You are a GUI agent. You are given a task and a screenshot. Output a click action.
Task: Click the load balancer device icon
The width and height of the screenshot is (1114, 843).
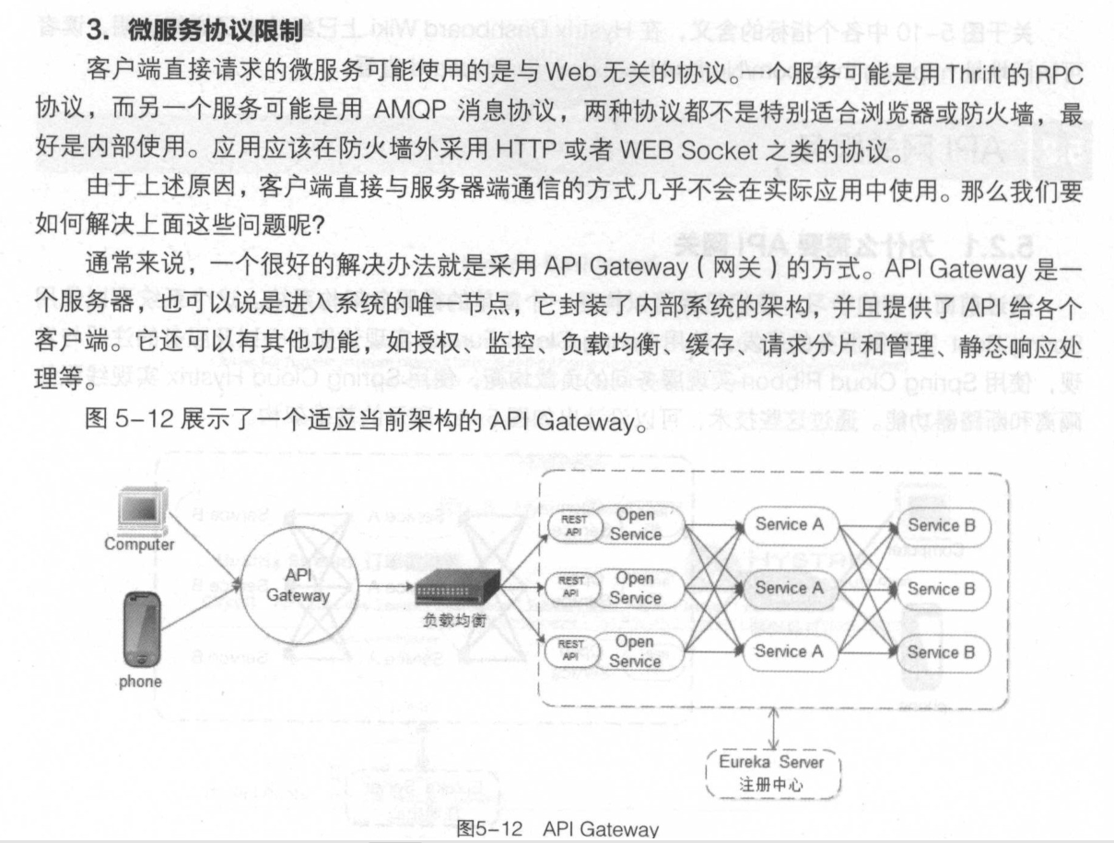457,587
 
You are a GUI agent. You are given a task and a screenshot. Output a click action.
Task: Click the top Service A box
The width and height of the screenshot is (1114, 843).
790,525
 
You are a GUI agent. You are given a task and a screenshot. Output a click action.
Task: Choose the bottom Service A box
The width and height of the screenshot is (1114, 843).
790,651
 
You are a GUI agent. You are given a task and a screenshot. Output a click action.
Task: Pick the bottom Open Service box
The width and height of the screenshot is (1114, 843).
636,651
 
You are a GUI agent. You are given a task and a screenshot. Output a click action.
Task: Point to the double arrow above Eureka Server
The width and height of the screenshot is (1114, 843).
774,729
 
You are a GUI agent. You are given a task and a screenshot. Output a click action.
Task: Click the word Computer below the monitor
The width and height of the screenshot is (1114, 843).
139,544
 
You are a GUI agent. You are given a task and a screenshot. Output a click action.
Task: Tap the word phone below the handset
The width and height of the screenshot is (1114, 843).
140,682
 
